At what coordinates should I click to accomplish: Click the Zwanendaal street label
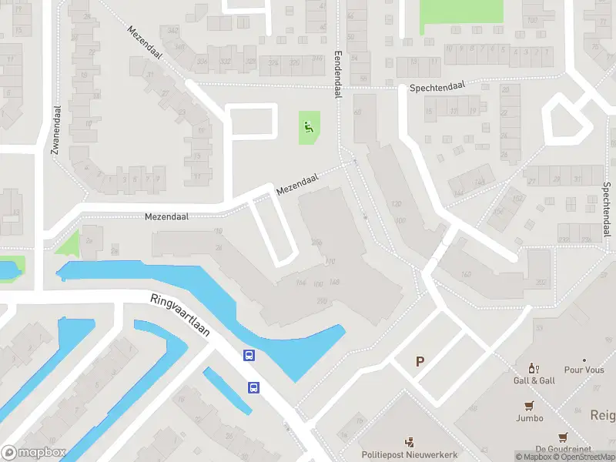pyautogui.click(x=55, y=131)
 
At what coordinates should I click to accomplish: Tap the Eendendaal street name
pyautogui.click(x=337, y=75)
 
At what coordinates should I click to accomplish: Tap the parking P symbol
pyautogui.click(x=420, y=361)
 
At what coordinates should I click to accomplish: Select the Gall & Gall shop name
pyautogui.click(x=534, y=381)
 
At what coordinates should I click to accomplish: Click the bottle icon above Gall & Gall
pyautogui.click(x=531, y=368)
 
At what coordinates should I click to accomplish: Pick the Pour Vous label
pyautogui.click(x=584, y=370)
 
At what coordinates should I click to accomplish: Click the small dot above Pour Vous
pyautogui.click(x=584, y=360)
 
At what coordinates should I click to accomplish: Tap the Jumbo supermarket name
pyautogui.click(x=530, y=418)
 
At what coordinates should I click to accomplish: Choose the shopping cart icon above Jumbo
pyautogui.click(x=529, y=406)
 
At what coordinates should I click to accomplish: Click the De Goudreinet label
pyautogui.click(x=563, y=449)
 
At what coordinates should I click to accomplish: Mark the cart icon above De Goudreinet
pyautogui.click(x=563, y=437)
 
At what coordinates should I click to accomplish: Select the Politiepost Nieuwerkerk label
pyautogui.click(x=410, y=454)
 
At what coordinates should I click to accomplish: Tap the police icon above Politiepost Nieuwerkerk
pyautogui.click(x=410, y=442)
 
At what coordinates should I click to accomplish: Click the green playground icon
pyautogui.click(x=309, y=127)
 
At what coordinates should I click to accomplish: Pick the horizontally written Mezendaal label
pyautogui.click(x=167, y=217)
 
